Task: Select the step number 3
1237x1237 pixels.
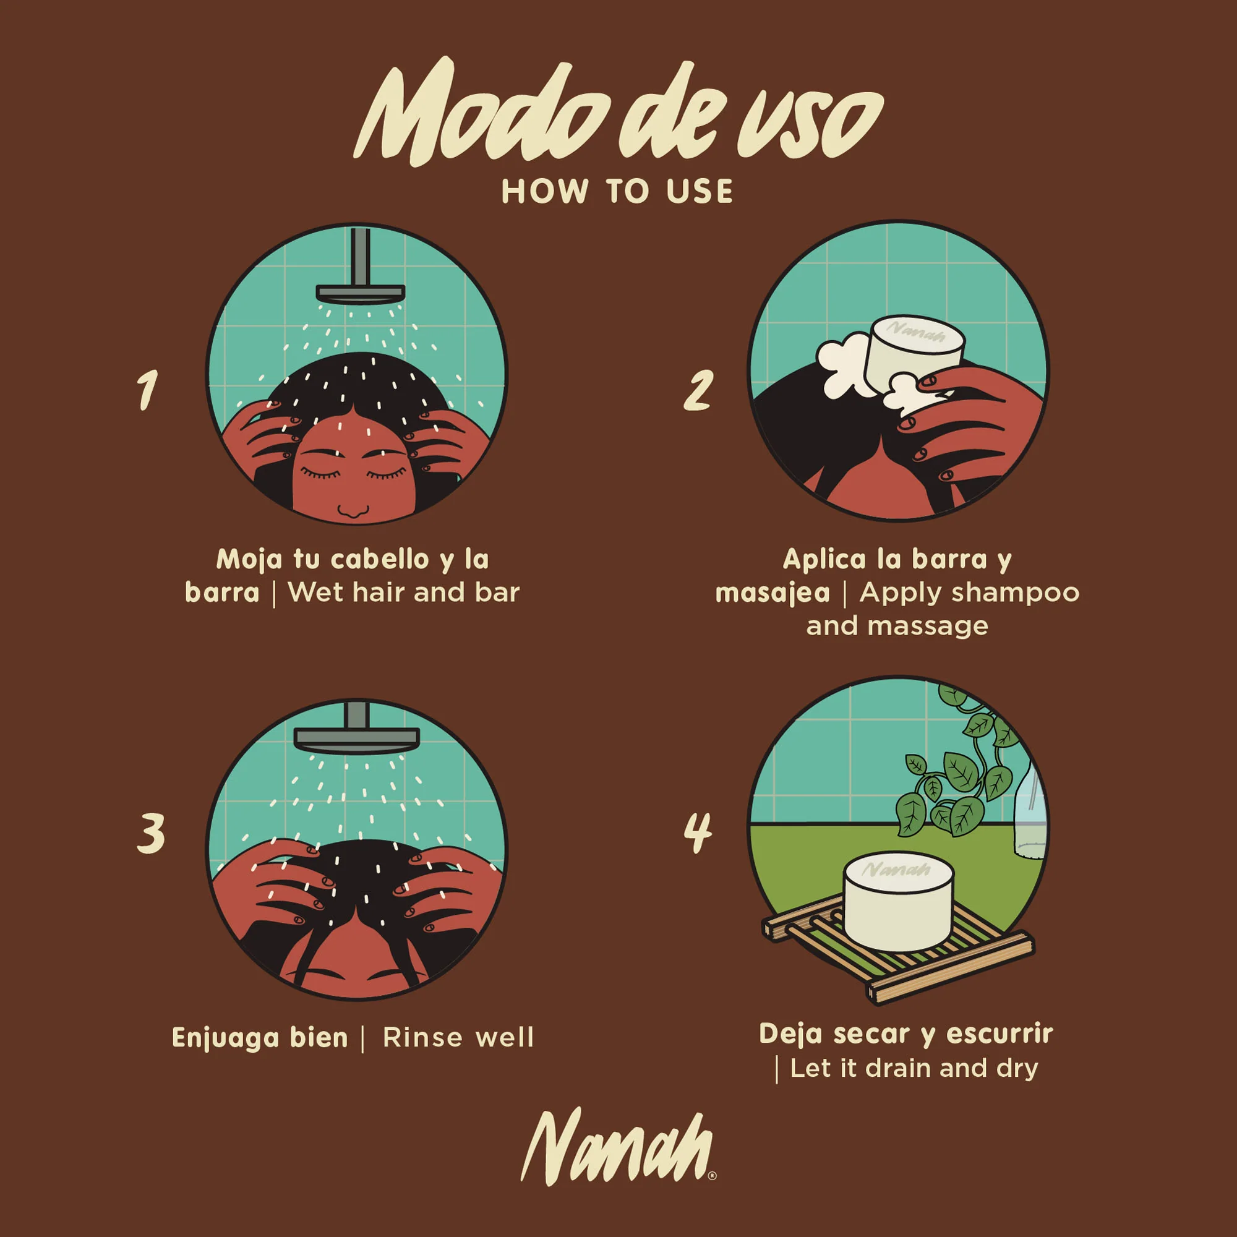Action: coord(151,833)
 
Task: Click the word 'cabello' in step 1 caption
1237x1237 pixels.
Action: coord(380,560)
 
